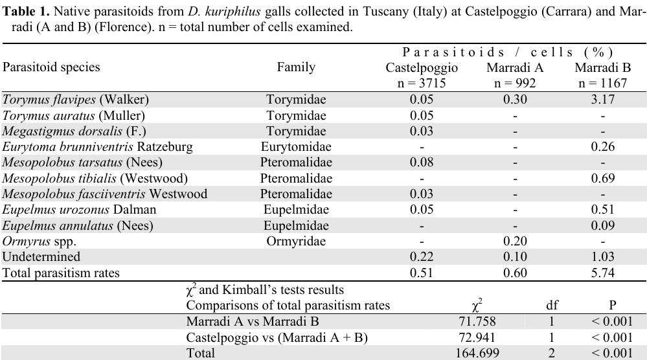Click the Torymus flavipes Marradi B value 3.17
(x=602, y=100)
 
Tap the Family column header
(x=296, y=67)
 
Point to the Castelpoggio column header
(x=422, y=67)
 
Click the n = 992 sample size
(x=515, y=83)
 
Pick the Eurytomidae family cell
(x=296, y=147)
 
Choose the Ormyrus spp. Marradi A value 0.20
(x=515, y=242)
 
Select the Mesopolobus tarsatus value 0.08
(x=422, y=163)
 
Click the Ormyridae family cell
(x=296, y=242)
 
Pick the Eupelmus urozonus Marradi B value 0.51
(x=602, y=210)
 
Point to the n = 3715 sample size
(x=422, y=83)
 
